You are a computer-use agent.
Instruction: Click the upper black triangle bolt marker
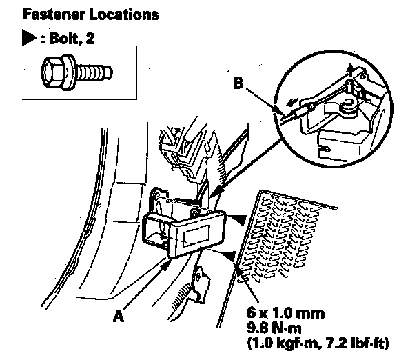click(x=236, y=219)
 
